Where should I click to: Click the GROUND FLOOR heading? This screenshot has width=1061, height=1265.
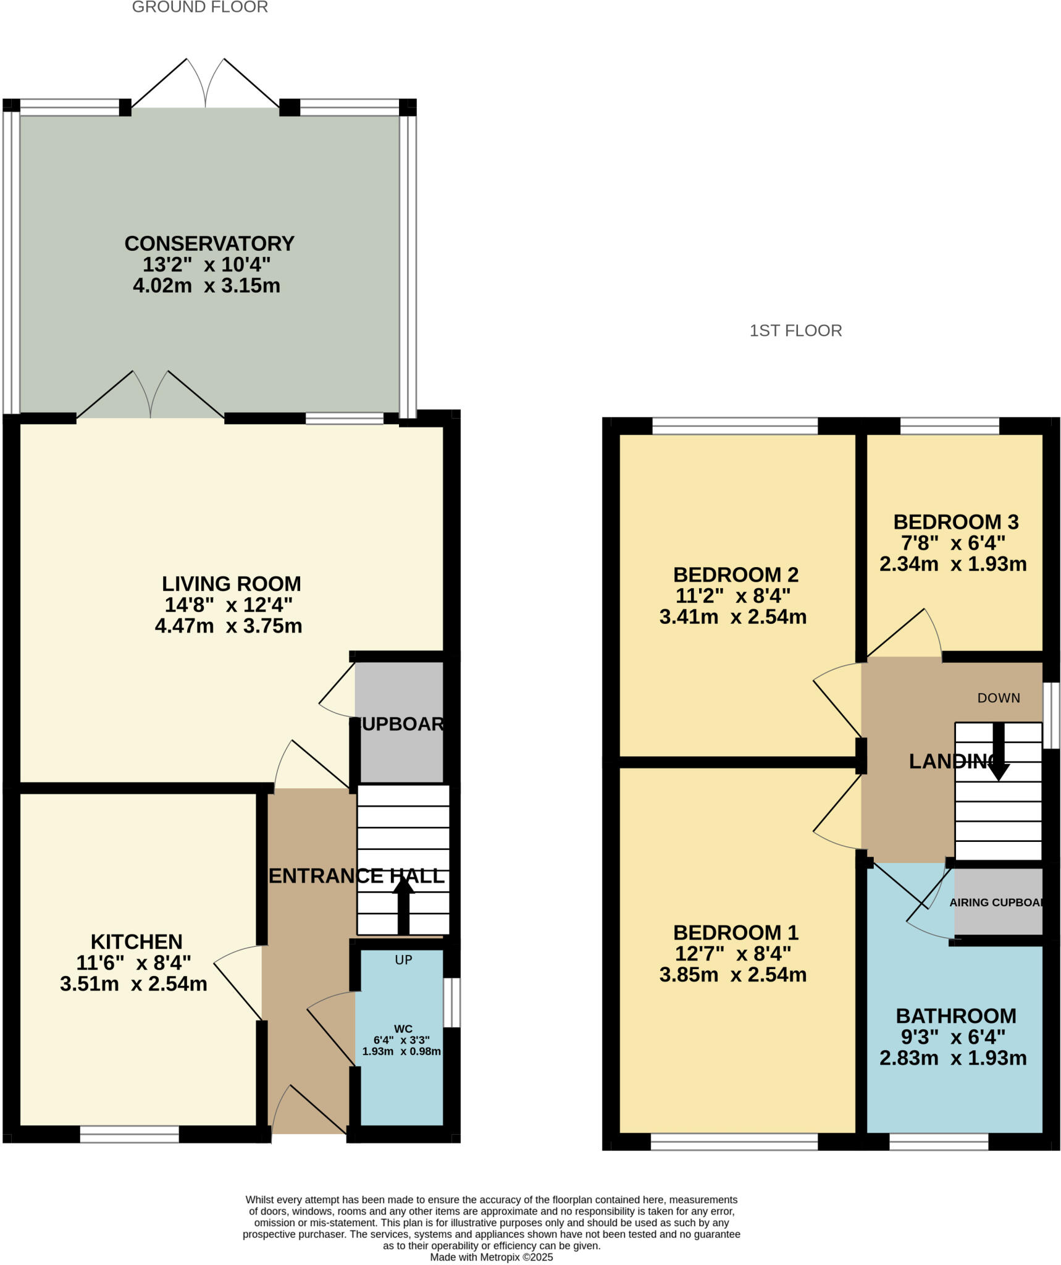tap(199, 7)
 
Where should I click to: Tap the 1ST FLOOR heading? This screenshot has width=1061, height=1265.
tap(795, 330)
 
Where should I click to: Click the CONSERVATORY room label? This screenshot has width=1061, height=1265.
tap(209, 243)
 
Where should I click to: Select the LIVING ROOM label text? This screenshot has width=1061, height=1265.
tap(231, 584)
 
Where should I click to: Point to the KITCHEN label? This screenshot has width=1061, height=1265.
tap(136, 941)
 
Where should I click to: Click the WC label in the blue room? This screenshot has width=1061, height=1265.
tap(403, 1028)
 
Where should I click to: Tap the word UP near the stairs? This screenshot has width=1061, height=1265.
tap(403, 959)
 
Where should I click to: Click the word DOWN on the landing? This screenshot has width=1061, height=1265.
tap(998, 698)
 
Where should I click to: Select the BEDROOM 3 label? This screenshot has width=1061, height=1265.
tap(955, 522)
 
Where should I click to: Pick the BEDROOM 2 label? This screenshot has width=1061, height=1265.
tap(736, 574)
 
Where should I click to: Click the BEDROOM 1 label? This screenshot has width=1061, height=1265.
tap(736, 932)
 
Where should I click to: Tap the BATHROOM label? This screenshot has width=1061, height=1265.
tap(955, 1015)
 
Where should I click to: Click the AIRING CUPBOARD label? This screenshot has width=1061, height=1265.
tap(996, 902)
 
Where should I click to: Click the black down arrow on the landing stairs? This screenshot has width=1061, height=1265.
tap(998, 754)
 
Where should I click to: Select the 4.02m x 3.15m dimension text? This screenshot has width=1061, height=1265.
tap(206, 285)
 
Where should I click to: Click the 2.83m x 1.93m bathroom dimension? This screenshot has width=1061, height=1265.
tap(953, 1057)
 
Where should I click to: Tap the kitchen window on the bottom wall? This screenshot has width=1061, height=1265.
tap(129, 1134)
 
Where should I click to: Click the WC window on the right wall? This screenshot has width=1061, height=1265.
tap(452, 1002)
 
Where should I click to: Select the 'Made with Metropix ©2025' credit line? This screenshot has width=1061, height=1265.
tap(491, 1257)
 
